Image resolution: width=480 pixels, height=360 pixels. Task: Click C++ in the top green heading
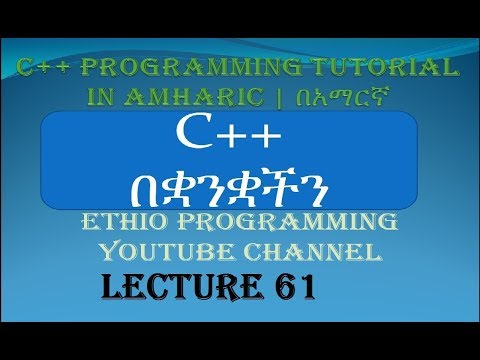click(x=41, y=67)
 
